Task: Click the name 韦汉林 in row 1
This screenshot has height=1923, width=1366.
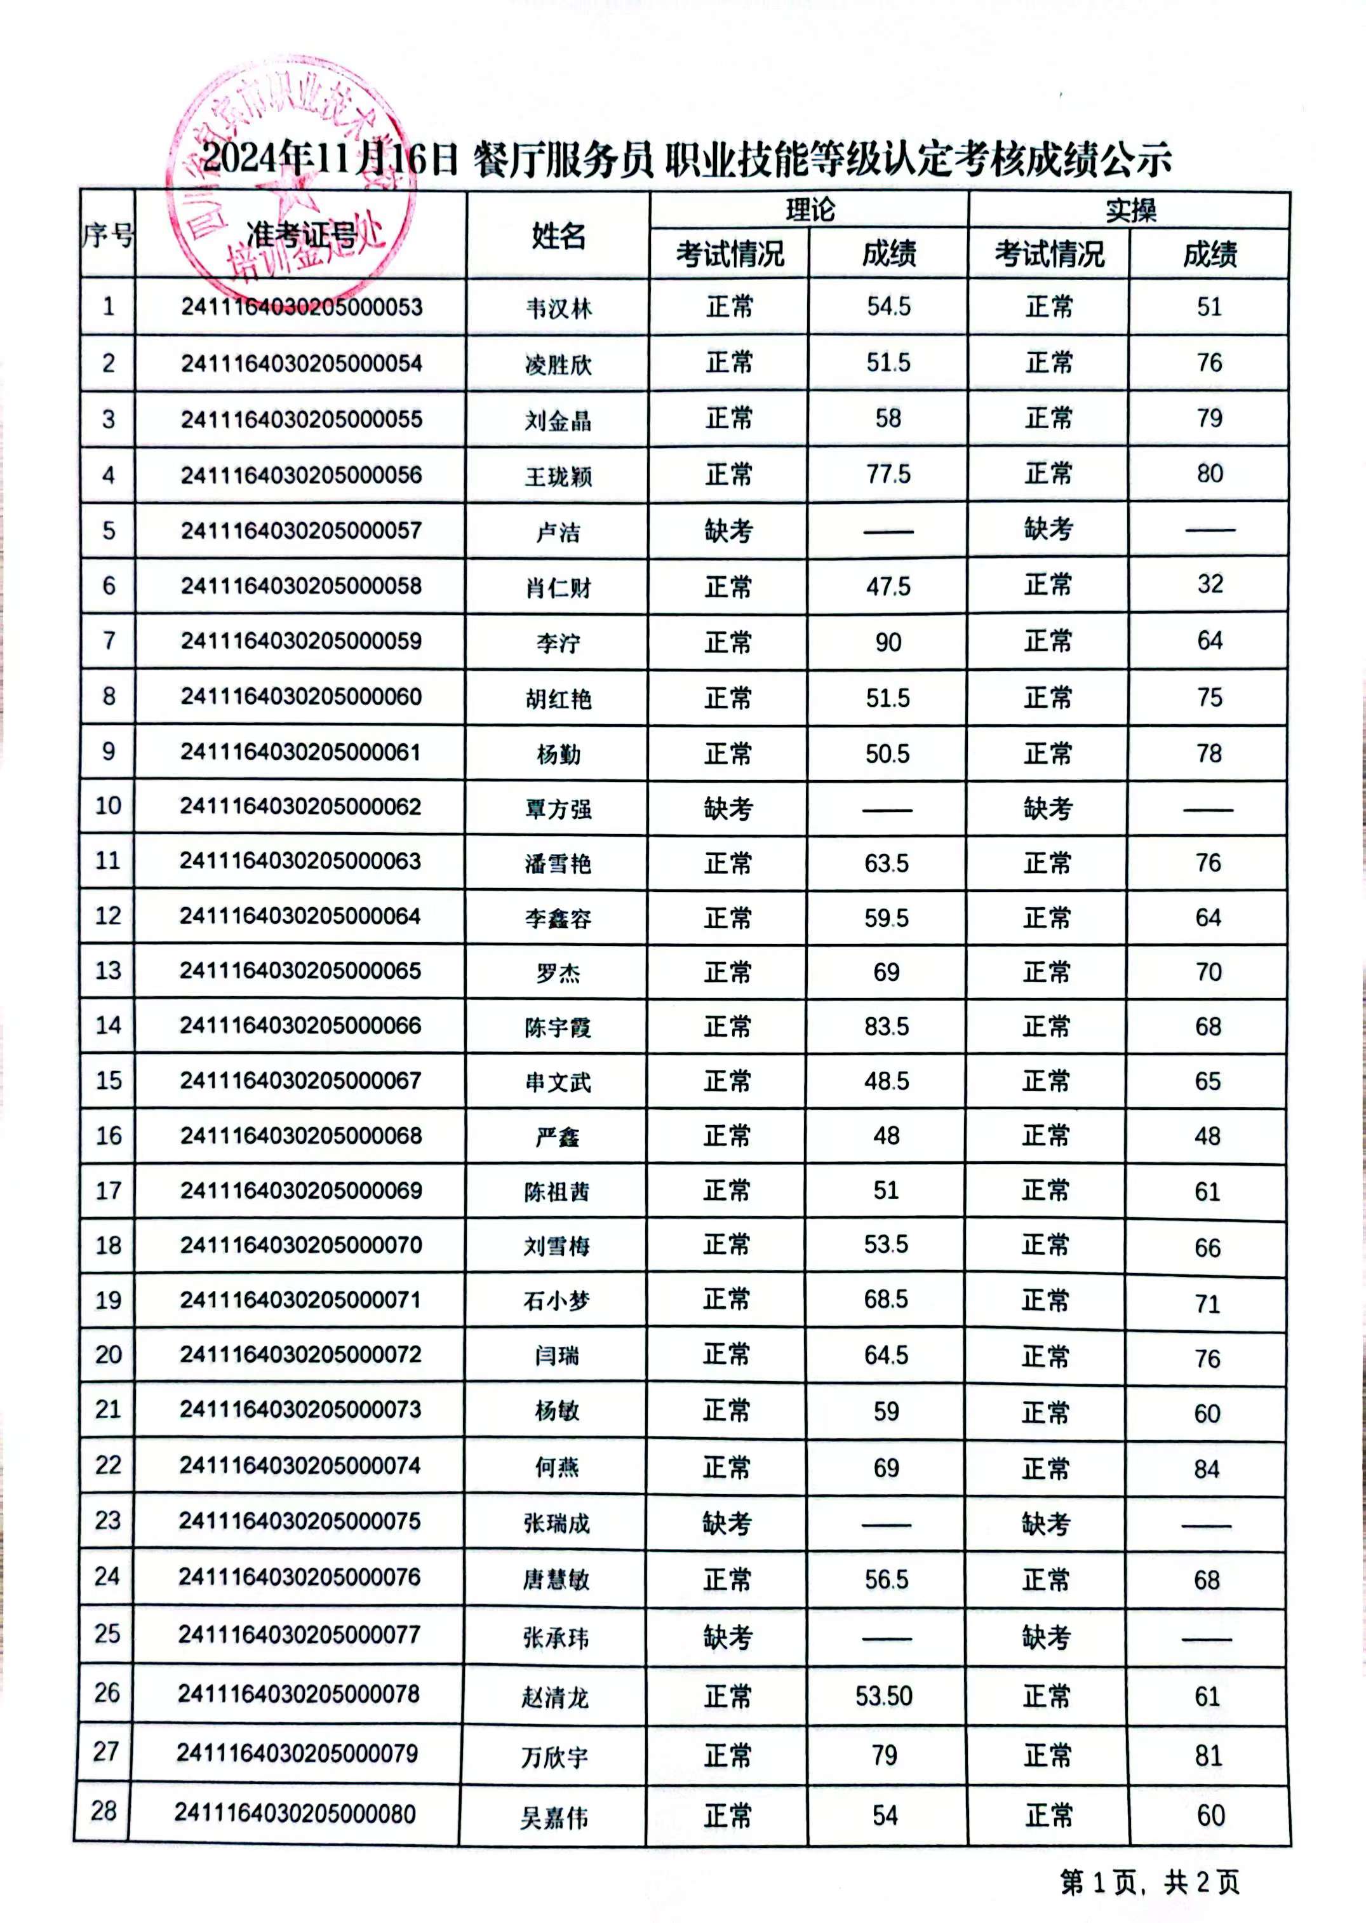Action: (558, 309)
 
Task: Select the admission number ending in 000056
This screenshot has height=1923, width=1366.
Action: (301, 475)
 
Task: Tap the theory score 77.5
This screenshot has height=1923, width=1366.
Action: (888, 475)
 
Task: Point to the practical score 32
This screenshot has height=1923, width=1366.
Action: (1210, 584)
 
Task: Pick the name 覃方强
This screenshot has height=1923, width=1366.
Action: (558, 809)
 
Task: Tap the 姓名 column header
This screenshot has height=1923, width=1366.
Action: (558, 236)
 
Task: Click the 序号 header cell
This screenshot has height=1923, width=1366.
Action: (108, 236)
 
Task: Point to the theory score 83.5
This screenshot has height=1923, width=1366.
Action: (887, 1026)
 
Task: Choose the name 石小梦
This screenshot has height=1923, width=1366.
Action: (557, 1301)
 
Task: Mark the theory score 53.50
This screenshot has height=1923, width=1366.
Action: (884, 1696)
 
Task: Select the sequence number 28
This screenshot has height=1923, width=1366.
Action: (104, 1811)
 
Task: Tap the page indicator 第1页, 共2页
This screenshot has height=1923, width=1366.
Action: (1149, 1882)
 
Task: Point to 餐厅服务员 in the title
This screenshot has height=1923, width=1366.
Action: (563, 159)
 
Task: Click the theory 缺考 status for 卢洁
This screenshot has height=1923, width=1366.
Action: (728, 531)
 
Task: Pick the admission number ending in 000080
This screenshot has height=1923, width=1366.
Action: (295, 1813)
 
